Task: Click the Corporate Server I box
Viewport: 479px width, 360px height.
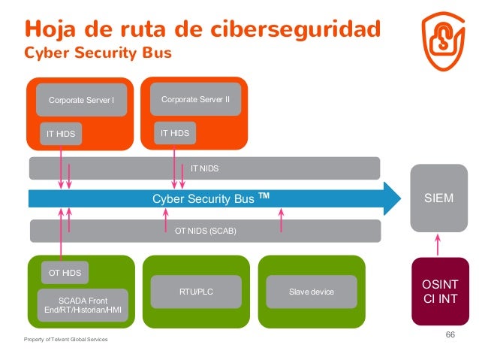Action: point(81,100)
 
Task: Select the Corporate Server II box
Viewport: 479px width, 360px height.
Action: point(195,98)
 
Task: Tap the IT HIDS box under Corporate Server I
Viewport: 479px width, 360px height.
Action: point(60,134)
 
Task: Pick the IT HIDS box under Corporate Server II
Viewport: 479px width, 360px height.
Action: point(174,133)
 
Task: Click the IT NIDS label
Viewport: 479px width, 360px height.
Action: point(204,168)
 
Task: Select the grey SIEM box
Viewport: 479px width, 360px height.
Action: point(438,199)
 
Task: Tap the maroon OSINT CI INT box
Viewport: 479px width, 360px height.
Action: point(439,291)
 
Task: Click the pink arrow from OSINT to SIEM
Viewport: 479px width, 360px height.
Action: point(439,244)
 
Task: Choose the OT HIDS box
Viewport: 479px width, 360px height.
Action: point(65,273)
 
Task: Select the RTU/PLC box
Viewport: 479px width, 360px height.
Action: point(196,292)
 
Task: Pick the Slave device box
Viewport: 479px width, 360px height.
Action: point(311,292)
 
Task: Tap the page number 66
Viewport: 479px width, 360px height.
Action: point(450,334)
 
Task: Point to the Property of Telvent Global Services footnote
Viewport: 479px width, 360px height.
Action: point(66,340)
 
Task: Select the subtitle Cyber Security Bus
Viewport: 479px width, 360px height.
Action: point(98,53)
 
